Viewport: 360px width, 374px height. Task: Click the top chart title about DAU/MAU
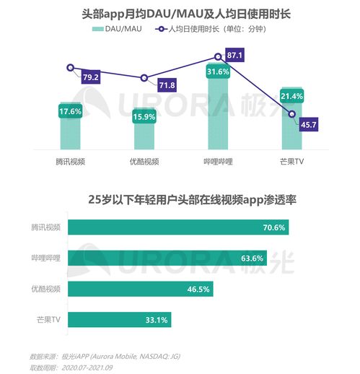pyautogui.click(x=180, y=13)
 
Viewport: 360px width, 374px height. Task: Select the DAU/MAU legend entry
pyautogui.click(x=117, y=29)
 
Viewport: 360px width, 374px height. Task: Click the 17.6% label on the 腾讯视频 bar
pyautogui.click(x=70, y=111)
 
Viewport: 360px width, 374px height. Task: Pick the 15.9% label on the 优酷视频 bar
pyautogui.click(x=144, y=116)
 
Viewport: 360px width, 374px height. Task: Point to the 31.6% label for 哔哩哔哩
pyautogui.click(x=218, y=71)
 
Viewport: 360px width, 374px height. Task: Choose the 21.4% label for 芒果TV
pyautogui.click(x=291, y=96)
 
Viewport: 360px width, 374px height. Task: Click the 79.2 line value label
pyautogui.click(x=91, y=77)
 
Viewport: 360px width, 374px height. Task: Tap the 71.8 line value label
pyautogui.click(x=167, y=86)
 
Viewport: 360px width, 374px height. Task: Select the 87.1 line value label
pyautogui.click(x=235, y=55)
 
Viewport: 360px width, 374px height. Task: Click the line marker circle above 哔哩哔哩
pyautogui.click(x=218, y=56)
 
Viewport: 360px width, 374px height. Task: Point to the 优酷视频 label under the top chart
pyautogui.click(x=144, y=161)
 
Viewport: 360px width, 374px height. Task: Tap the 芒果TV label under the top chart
pyautogui.click(x=291, y=161)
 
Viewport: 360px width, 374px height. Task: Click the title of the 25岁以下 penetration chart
pyautogui.click(x=180, y=200)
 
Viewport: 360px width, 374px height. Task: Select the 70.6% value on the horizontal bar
pyautogui.click(x=274, y=227)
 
